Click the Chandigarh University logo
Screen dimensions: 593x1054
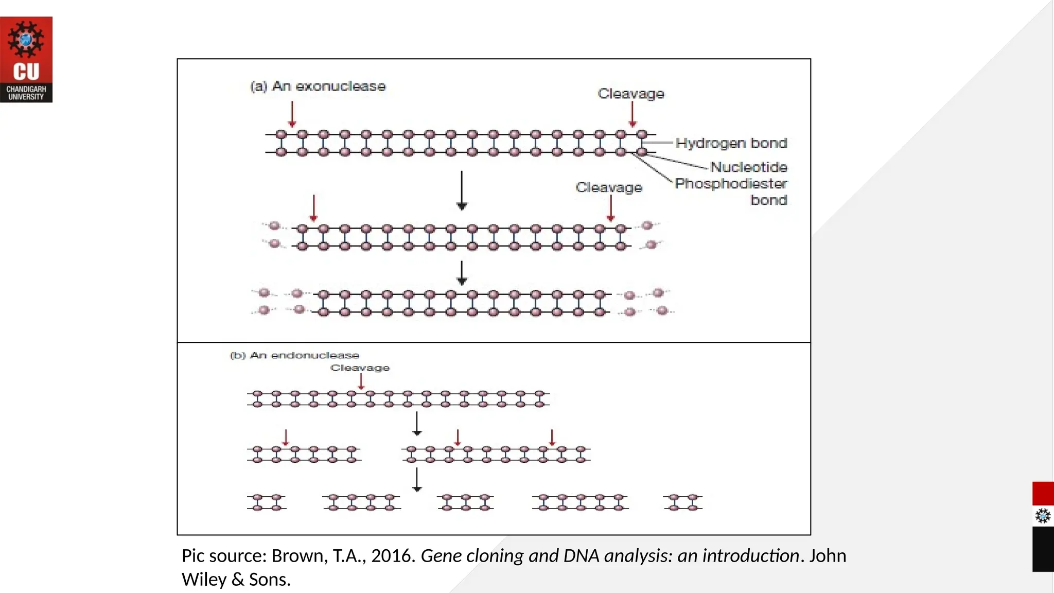click(26, 59)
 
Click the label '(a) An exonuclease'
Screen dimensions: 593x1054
click(318, 86)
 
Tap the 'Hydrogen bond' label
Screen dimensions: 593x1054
click(731, 143)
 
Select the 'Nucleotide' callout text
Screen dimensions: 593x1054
click(748, 167)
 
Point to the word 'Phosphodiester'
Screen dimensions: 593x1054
click(731, 183)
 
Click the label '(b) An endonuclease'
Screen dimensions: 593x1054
click(294, 355)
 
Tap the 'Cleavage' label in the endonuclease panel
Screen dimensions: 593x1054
click(360, 368)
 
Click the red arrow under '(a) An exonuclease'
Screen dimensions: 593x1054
click(292, 114)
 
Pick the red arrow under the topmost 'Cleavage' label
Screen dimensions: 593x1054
click(633, 114)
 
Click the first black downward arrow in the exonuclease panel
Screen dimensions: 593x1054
click(462, 190)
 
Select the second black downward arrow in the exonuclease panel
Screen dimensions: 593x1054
click(462, 273)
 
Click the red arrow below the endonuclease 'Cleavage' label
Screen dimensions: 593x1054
click(361, 381)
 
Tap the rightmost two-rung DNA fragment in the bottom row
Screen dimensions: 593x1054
click(683, 502)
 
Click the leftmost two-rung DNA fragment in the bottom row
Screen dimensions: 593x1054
click(266, 502)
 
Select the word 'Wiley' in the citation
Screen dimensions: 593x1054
click(204, 580)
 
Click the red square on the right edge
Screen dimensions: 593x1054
click(1043, 493)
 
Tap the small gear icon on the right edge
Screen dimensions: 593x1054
click(1043, 516)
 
